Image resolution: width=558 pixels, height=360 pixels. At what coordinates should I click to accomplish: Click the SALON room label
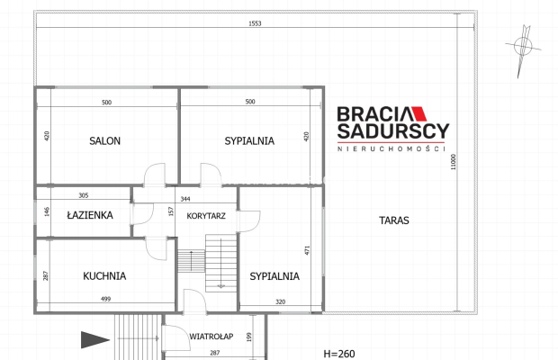point(104,141)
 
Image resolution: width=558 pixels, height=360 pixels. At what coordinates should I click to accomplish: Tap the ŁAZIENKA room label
point(90,215)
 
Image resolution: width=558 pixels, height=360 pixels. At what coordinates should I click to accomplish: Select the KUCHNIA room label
point(104,276)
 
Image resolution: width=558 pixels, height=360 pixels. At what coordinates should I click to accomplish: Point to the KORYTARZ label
point(206,216)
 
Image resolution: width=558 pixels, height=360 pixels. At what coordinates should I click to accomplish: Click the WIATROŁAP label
point(211,337)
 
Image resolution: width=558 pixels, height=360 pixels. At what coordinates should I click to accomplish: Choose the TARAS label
point(394,220)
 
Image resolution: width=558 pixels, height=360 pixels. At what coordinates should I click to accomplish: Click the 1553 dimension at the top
point(255,23)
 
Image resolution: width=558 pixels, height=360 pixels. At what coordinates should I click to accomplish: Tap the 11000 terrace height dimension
point(453,162)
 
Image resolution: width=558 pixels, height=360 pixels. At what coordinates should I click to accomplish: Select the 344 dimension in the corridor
point(185,199)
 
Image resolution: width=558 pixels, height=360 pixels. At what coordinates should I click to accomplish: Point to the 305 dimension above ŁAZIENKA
point(84,195)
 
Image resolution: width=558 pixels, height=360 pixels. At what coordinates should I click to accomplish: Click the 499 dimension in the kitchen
point(105,299)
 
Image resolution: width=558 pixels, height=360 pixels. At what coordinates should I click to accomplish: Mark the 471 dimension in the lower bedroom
point(307,250)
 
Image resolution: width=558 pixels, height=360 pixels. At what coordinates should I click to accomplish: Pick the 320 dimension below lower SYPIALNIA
point(281,301)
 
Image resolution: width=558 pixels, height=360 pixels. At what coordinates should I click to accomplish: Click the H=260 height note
point(339,354)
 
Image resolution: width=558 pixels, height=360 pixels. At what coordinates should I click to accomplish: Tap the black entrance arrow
point(95,339)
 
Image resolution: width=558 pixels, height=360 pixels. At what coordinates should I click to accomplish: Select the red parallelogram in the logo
point(418,113)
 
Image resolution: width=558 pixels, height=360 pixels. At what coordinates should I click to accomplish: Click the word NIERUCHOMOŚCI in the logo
point(391,148)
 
